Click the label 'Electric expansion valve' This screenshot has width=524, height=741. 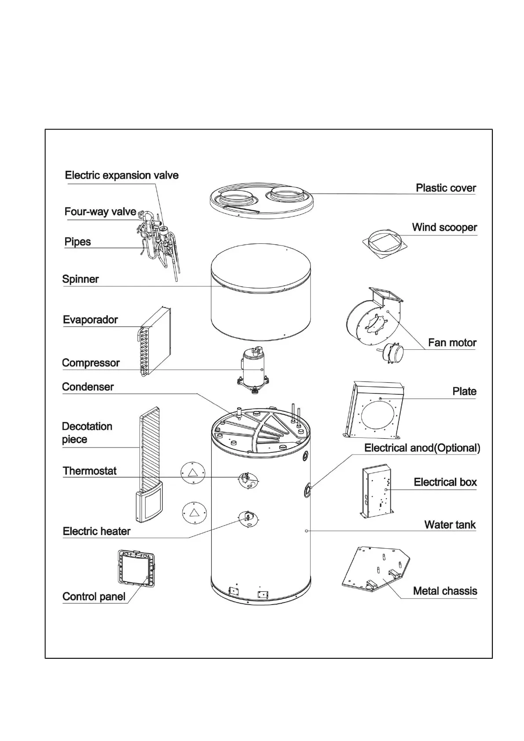point(121,176)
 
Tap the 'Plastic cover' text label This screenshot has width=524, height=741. point(446,188)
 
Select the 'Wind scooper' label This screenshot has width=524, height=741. point(444,227)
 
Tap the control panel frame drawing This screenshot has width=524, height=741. point(137,568)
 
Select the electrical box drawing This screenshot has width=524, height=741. point(377,491)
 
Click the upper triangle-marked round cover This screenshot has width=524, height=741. point(193,473)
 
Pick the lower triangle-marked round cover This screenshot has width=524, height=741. point(194,513)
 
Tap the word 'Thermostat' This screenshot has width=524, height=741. point(90,471)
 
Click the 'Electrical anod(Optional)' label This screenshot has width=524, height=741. point(422,448)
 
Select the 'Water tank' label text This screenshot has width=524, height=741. point(450,525)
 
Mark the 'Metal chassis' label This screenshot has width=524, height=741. point(445,591)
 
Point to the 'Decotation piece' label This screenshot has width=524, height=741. point(87,433)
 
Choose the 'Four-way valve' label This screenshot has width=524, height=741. point(100,212)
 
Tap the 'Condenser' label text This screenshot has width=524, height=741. point(88,387)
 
